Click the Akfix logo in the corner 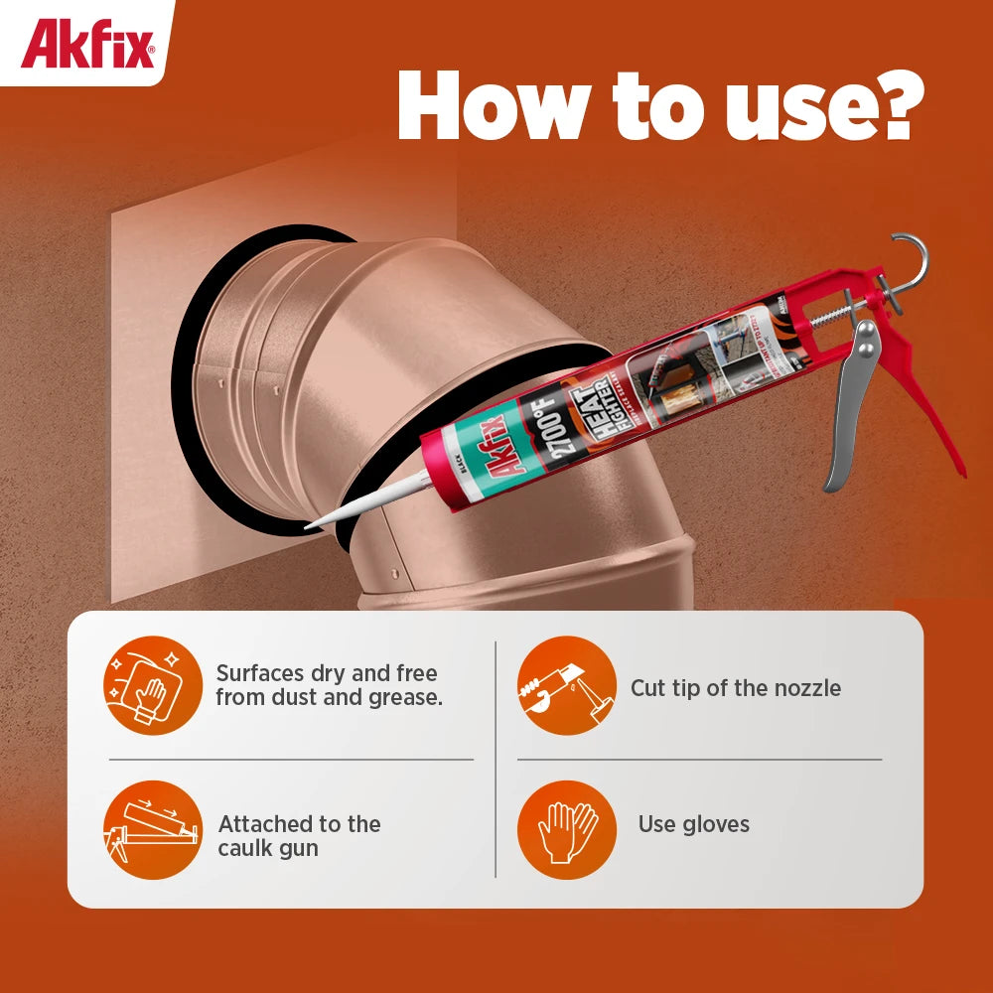click(87, 45)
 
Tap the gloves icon click(567, 829)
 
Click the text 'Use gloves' click(693, 824)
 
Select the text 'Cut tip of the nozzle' click(735, 688)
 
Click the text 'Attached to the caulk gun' click(298, 836)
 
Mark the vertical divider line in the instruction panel click(496, 760)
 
